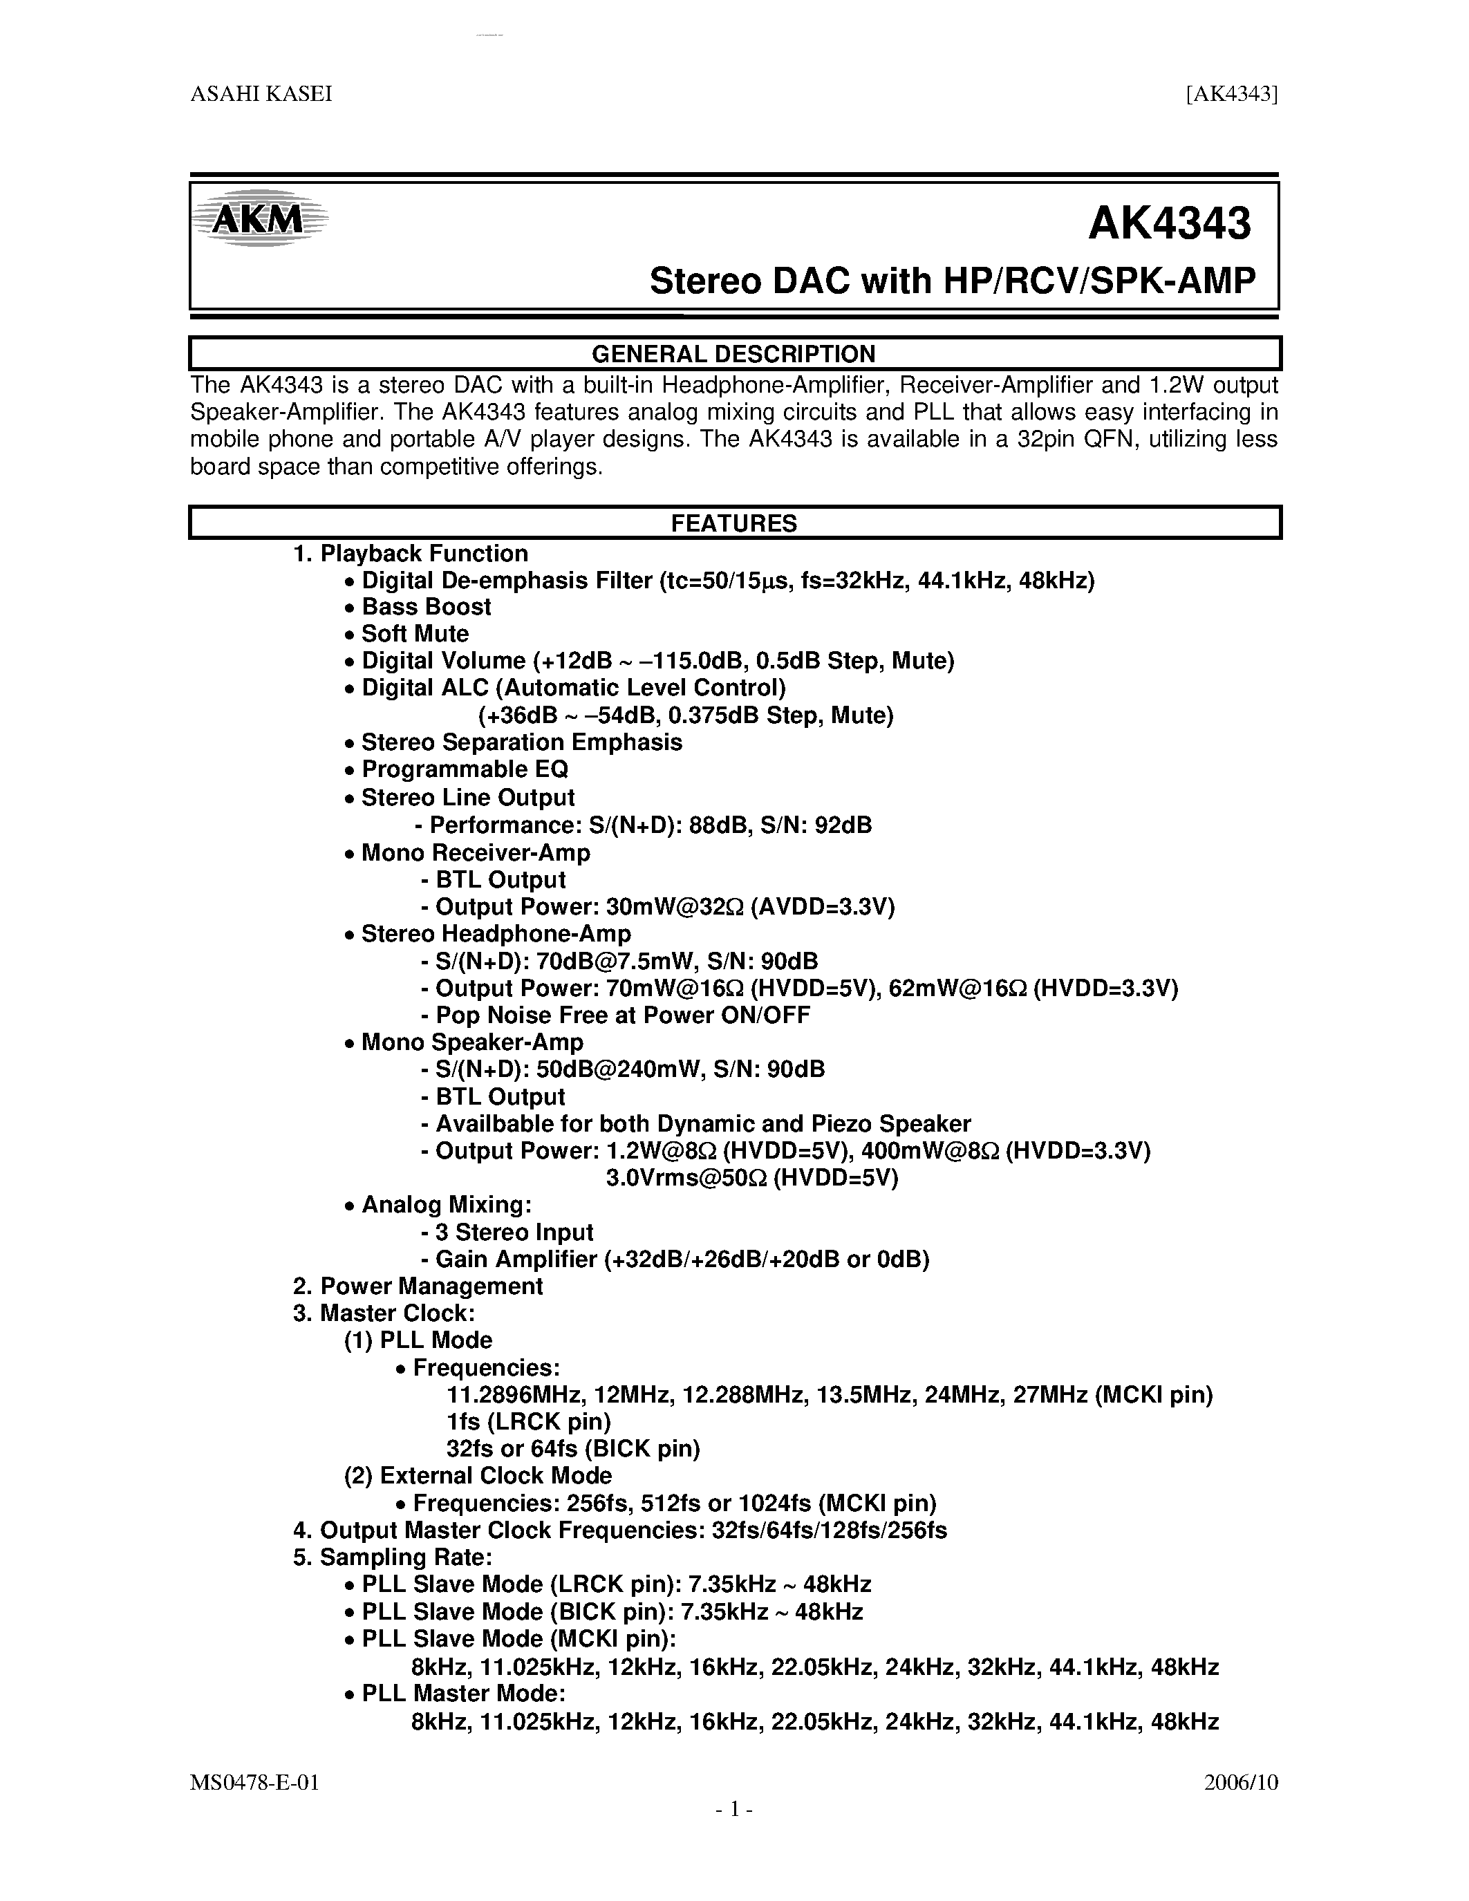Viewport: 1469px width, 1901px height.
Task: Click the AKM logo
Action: (259, 219)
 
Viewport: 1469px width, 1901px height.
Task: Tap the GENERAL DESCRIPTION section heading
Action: (733, 353)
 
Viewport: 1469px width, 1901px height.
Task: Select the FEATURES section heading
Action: (733, 523)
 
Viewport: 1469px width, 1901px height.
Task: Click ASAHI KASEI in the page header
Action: (261, 94)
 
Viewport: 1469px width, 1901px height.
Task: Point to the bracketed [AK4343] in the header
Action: (1231, 94)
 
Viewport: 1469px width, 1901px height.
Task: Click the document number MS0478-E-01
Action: (255, 1781)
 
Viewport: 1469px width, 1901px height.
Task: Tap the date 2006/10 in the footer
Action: (1241, 1781)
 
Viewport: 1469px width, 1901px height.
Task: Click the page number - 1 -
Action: (733, 1810)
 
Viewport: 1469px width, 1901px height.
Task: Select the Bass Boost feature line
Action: (427, 607)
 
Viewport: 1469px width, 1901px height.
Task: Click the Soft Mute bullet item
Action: (415, 634)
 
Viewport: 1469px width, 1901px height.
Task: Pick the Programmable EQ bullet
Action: (465, 769)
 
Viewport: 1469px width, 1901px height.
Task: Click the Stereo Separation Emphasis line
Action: (521, 742)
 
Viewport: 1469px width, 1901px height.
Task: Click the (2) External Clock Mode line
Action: (478, 1475)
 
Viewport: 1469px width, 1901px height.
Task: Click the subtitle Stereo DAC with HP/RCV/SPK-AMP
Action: (953, 281)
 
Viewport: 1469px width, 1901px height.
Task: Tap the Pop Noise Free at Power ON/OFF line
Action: (622, 1015)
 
